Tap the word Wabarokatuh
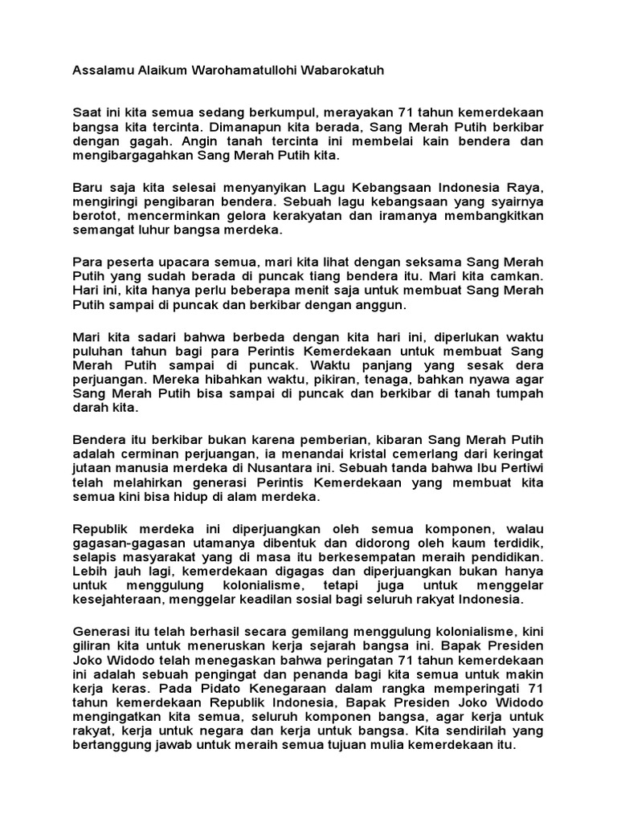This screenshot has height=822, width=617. pyautogui.click(x=343, y=71)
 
